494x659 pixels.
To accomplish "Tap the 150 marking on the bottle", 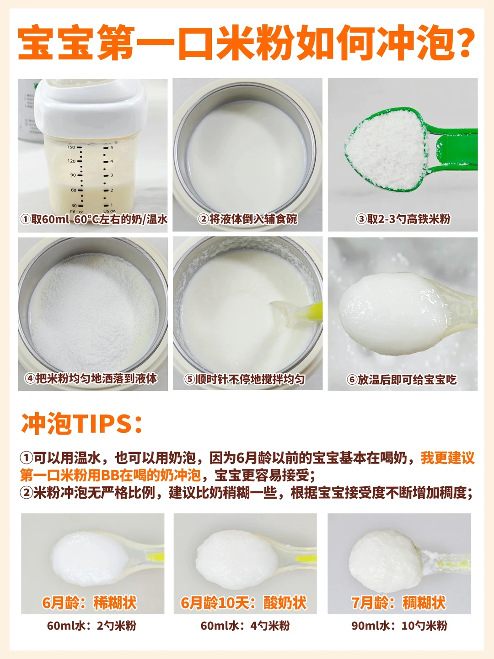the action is [71, 147].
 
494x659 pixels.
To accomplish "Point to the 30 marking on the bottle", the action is [73, 206].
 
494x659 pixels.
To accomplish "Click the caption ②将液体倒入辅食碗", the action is [247, 219].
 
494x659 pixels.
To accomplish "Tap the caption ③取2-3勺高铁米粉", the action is [403, 219].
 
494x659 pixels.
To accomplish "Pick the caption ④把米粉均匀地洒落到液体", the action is [91, 379].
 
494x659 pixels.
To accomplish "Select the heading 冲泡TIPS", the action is [81, 425].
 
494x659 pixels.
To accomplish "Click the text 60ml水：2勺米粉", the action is [91, 626].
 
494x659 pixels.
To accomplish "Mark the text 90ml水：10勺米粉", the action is [399, 626].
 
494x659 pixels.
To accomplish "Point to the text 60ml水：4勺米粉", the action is [245, 626].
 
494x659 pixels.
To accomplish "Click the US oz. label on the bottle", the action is [110, 212].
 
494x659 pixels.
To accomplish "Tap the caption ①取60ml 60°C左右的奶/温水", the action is [93, 219].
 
